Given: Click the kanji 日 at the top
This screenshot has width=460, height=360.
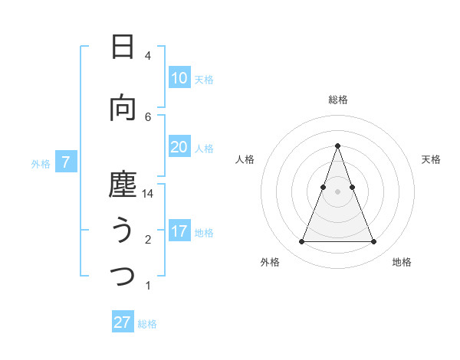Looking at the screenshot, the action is (x=123, y=47).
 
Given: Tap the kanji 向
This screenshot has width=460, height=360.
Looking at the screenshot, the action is (x=123, y=108).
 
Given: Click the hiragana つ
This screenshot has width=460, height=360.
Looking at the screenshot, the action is (x=123, y=277).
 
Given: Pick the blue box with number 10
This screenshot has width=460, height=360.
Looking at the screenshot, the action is (x=179, y=78).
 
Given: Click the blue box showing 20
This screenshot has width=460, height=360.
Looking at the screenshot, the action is (x=179, y=147).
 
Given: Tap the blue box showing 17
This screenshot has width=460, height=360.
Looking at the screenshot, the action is (x=179, y=231).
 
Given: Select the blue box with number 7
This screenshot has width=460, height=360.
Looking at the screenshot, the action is (x=66, y=162).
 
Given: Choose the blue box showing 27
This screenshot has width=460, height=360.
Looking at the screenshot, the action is (x=123, y=322).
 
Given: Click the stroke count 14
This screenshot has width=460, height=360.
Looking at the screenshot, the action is (x=148, y=194).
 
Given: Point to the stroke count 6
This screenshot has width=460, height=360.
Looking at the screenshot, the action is (x=148, y=116).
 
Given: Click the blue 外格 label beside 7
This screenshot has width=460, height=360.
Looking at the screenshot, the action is (x=40, y=163).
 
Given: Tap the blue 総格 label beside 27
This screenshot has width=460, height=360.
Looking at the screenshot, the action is (x=147, y=324).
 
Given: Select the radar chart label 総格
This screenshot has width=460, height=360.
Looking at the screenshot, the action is (x=337, y=100).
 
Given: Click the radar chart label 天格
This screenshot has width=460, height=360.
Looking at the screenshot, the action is (x=432, y=159).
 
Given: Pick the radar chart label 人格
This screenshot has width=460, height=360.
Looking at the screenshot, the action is (x=245, y=159).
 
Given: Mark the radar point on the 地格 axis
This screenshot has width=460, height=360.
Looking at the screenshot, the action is (x=374, y=242).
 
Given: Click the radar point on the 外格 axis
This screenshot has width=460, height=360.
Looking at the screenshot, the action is (x=301, y=242).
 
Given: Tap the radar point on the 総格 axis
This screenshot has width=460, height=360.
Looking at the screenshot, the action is (x=337, y=146).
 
